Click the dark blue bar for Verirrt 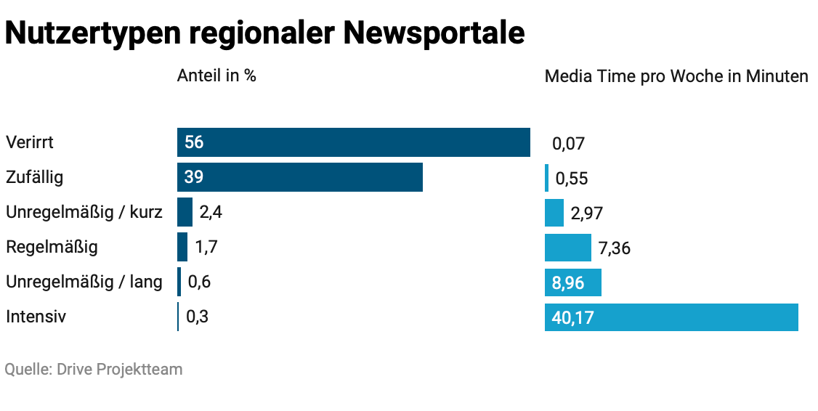[353, 142]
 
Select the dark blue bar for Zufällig [299, 177]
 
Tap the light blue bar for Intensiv [671, 317]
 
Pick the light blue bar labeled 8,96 [573, 282]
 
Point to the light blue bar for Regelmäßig [567, 248]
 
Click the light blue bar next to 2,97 [554, 213]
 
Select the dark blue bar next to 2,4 [185, 212]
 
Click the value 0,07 [568, 144]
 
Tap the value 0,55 [572, 179]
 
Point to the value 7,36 [614, 249]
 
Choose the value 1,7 [206, 248]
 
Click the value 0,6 [199, 282]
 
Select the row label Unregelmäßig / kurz [84, 213]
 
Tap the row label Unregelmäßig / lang [84, 282]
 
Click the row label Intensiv [36, 317]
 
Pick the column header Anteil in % [216, 76]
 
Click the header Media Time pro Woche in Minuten [676, 76]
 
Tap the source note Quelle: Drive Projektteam [94, 370]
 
